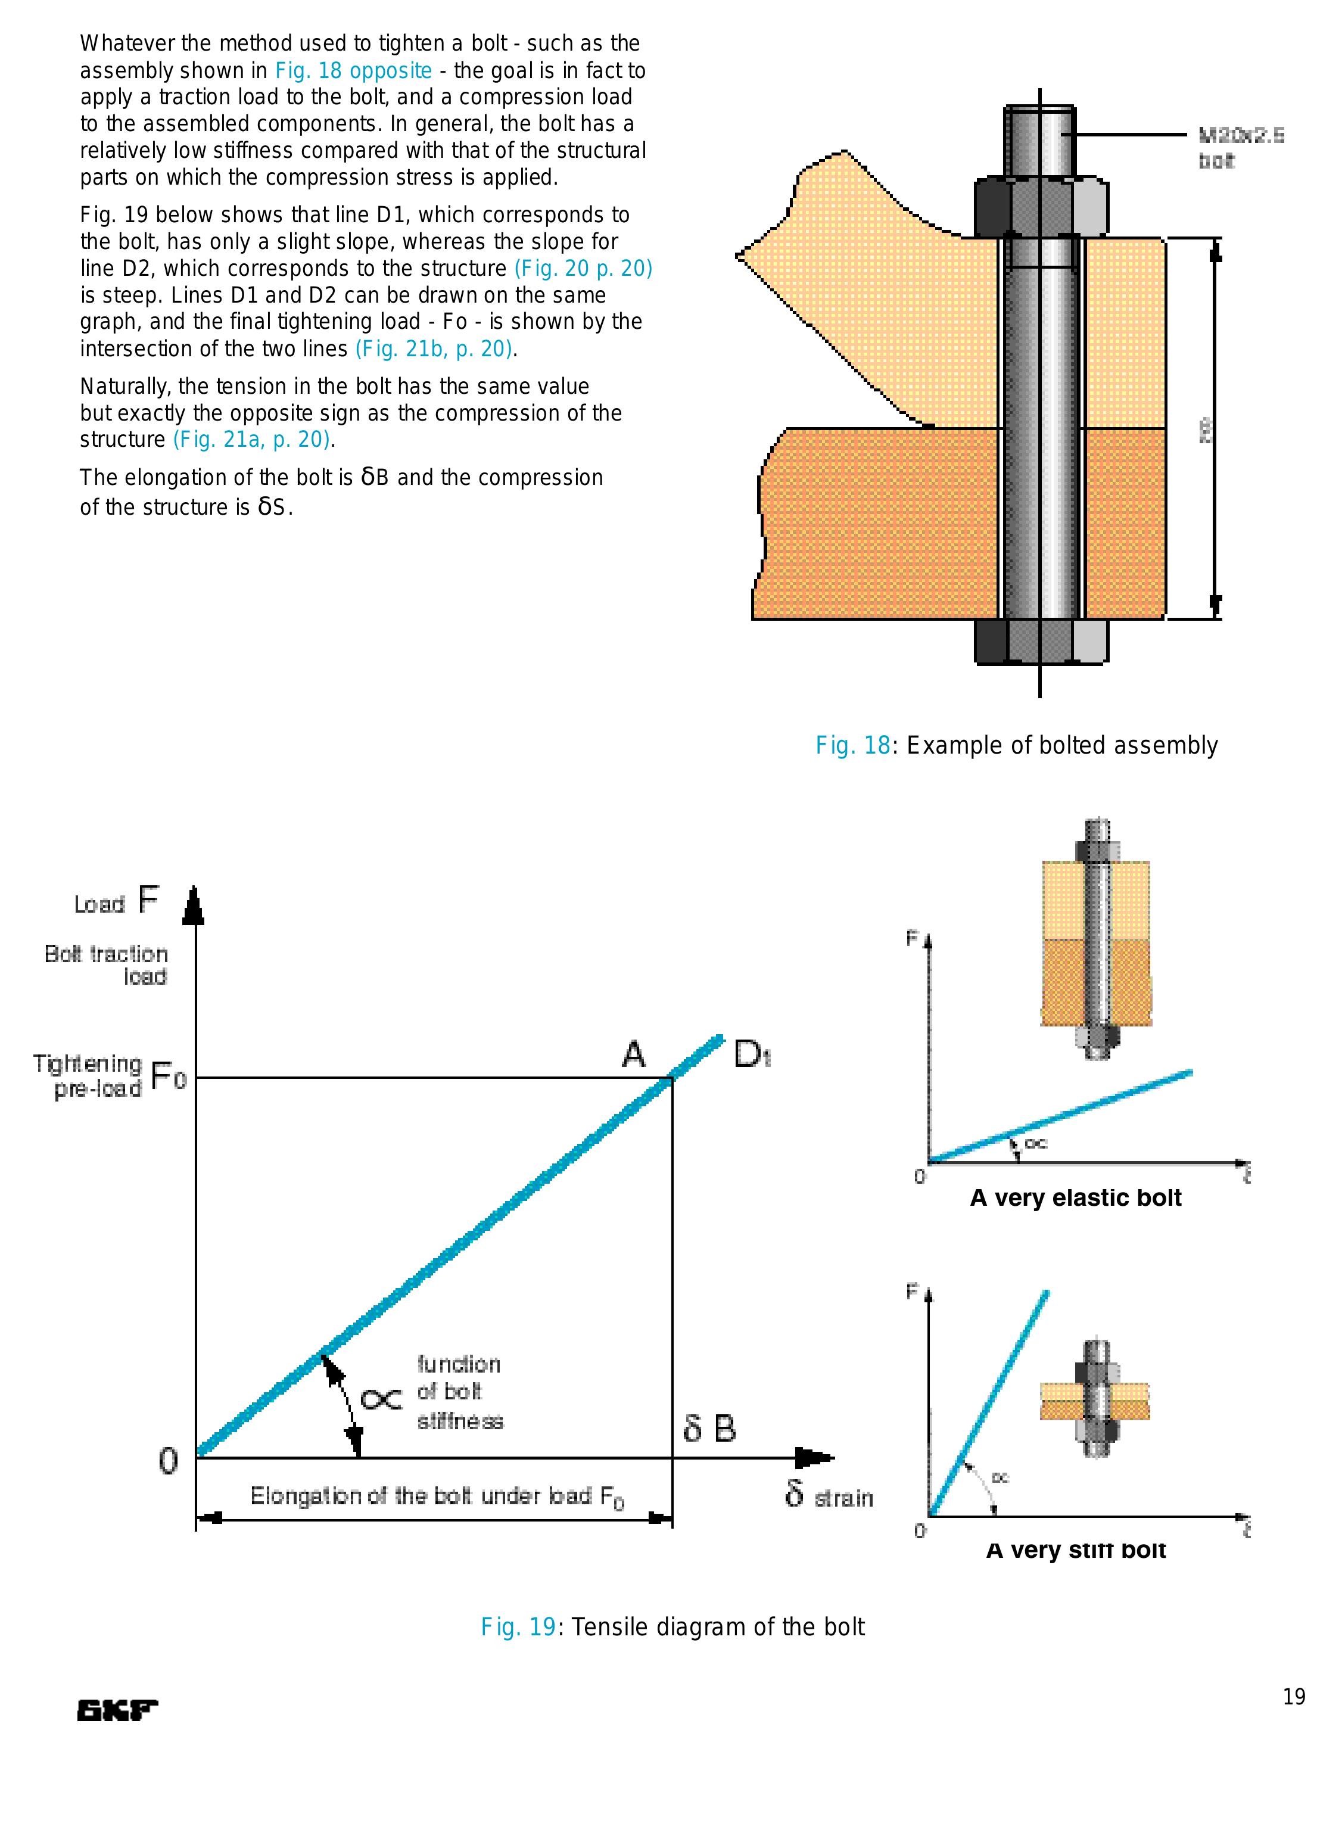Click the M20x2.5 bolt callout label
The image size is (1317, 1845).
pos(1241,148)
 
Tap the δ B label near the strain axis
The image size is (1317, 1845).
pos(709,1428)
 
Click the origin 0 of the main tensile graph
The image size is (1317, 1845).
pos(168,1461)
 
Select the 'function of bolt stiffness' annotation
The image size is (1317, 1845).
pos(459,1392)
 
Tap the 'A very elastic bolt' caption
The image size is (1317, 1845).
pos(1075,1198)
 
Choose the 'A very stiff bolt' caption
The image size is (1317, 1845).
pos(1075,1550)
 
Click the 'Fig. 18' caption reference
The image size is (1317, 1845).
pos(852,745)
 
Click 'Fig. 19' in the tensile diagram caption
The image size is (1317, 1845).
pos(518,1627)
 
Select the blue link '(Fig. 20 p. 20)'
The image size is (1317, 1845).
pos(583,269)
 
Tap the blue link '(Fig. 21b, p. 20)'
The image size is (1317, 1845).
pos(434,349)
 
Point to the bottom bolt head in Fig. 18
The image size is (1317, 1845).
pos(1041,642)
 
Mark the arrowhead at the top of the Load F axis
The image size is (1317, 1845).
pos(194,905)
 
